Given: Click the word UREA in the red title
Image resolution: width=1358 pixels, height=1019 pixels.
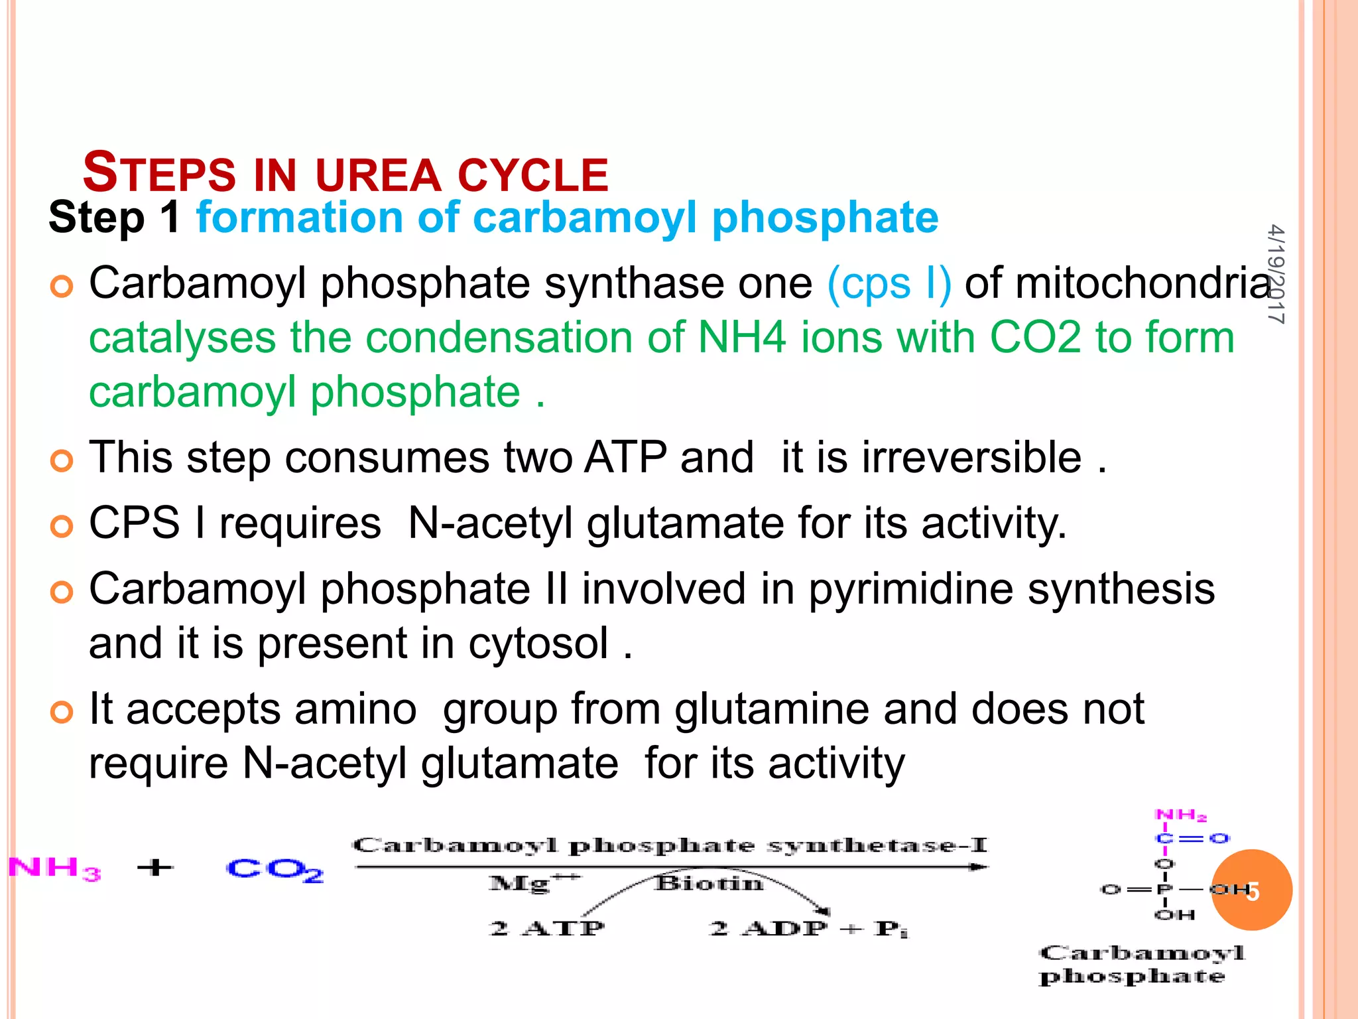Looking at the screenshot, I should (378, 174).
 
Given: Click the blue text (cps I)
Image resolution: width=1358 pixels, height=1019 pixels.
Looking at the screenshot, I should (889, 284).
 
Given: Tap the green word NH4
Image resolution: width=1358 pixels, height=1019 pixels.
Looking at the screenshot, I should (742, 338).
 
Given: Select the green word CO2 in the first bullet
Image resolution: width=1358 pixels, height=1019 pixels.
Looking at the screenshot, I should (1035, 338).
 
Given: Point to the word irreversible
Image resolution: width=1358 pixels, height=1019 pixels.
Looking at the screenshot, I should (971, 458).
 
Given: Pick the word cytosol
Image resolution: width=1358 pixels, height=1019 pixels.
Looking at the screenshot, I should (538, 644).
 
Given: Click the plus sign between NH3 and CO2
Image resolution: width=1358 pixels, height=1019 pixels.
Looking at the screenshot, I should (155, 867).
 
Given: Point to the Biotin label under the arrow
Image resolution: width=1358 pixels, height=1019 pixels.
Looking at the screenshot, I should (709, 884).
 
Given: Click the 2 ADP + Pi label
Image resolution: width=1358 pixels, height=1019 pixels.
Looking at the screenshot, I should (808, 927).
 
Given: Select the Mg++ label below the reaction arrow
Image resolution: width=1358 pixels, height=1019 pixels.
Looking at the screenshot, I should (533, 883).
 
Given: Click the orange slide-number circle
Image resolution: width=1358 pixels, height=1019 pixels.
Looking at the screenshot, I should (1252, 890).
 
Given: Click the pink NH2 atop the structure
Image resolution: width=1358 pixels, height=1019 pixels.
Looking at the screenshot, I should (1180, 815).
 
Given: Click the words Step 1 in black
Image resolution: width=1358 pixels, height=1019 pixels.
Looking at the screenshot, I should (114, 218).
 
